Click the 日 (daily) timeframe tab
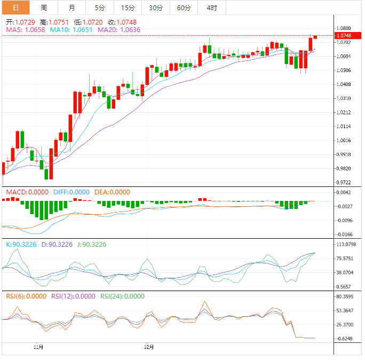coord(15,7)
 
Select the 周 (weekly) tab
coord(44,7)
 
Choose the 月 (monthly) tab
coord(72,7)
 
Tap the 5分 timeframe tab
coord(100,7)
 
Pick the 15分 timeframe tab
coord(128,7)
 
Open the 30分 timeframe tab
coord(156,7)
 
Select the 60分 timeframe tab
coord(184,7)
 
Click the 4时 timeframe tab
coord(211,7)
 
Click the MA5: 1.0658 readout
coord(25,30)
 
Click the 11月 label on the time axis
coord(38,347)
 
